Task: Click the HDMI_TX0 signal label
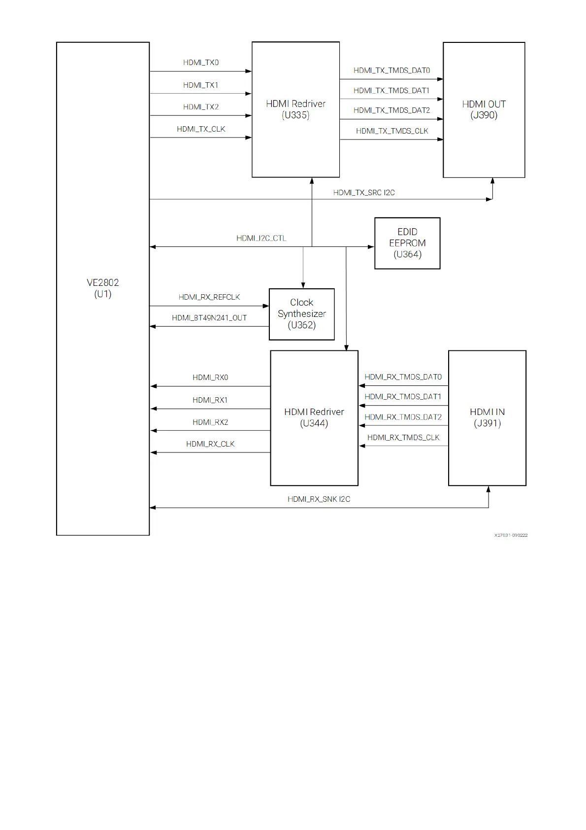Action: [201, 63]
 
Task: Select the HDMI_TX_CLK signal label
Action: [201, 129]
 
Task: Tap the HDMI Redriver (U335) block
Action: [295, 109]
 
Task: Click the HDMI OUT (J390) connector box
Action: [484, 109]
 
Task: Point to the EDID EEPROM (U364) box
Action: [407, 243]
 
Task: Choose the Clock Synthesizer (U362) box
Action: [301, 314]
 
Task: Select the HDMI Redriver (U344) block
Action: [314, 417]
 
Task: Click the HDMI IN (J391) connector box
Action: [487, 417]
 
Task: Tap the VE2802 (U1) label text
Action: [103, 288]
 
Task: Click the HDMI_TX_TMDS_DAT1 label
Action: [391, 91]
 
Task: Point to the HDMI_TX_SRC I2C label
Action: [364, 193]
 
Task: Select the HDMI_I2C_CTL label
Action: [261, 239]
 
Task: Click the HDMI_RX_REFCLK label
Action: [209, 297]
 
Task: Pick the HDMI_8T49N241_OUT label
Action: [209, 318]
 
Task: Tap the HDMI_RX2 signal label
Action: [210, 422]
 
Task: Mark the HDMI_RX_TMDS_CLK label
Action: [403, 438]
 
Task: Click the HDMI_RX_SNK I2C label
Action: [319, 499]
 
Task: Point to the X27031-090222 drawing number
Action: [511, 535]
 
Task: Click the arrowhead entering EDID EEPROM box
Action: [371, 247]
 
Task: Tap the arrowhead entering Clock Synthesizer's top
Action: [303, 285]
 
